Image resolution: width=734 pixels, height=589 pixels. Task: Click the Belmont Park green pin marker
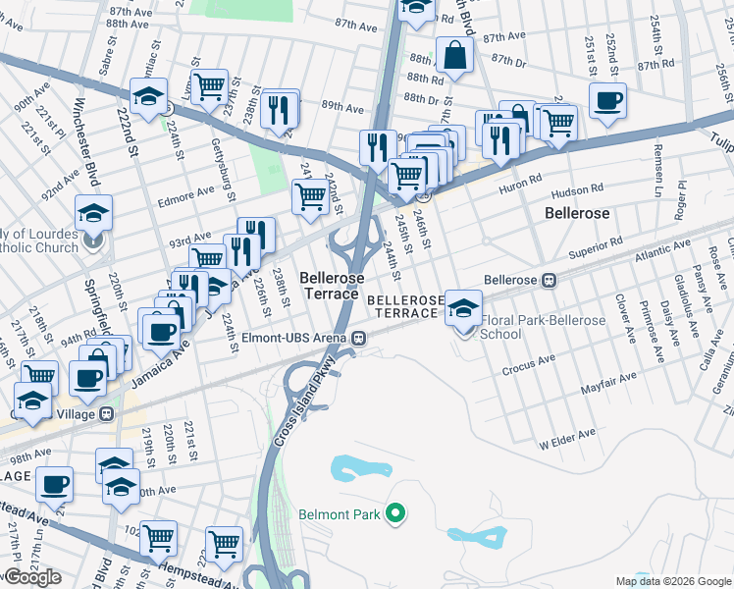[394, 513]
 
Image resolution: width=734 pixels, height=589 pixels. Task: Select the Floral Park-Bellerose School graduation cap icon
[462, 309]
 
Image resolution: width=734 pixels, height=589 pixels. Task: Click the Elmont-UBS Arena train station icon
[360, 339]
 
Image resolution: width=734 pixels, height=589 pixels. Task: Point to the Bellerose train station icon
[550, 280]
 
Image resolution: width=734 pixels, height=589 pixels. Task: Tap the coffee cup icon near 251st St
[608, 100]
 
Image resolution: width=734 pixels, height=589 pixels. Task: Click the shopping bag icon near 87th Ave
[455, 56]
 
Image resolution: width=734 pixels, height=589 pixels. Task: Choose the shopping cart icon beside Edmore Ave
[311, 196]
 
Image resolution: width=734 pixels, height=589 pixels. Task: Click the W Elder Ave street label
[567, 434]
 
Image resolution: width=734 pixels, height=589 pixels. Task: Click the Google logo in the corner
[32, 577]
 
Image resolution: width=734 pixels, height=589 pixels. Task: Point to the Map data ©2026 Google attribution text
[673, 581]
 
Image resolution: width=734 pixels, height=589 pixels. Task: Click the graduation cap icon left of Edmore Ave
[94, 212]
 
